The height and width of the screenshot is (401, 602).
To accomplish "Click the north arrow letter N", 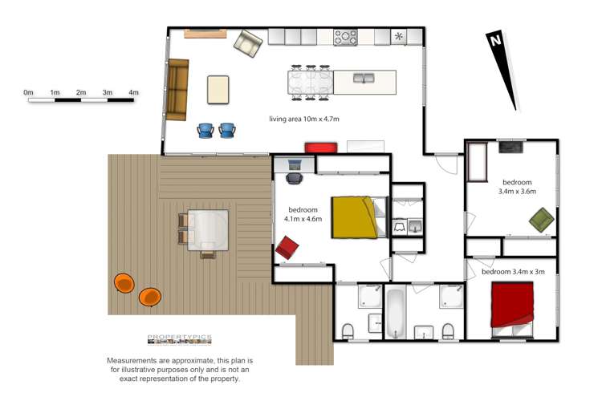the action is pyautogui.click(x=496, y=40).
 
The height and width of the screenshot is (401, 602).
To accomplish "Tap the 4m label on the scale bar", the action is pyautogui.click(x=133, y=92).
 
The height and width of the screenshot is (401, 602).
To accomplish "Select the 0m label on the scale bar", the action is pyautogui.click(x=28, y=92).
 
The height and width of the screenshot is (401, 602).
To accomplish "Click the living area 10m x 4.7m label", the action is pyautogui.click(x=304, y=119).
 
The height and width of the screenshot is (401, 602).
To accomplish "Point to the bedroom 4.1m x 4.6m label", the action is pyautogui.click(x=303, y=214).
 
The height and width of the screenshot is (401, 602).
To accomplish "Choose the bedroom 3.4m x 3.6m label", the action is pyautogui.click(x=517, y=187).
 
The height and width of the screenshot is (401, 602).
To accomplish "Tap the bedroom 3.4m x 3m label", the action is pyautogui.click(x=513, y=272).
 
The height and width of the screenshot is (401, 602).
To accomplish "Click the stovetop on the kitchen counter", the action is pyautogui.click(x=345, y=38).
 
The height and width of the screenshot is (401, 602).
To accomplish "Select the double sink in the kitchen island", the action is pyautogui.click(x=364, y=79).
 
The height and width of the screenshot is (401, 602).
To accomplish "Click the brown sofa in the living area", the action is pyautogui.click(x=177, y=89).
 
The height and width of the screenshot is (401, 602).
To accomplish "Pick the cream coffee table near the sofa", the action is pyautogui.click(x=218, y=90).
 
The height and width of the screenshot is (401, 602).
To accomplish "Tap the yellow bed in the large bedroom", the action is pyautogui.click(x=354, y=217).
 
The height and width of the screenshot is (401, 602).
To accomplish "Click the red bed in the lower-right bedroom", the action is pyautogui.click(x=512, y=306).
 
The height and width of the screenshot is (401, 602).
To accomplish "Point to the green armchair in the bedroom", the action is pyautogui.click(x=541, y=220).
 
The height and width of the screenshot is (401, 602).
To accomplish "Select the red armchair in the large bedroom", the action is pyautogui.click(x=287, y=248).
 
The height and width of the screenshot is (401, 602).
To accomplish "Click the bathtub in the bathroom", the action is pyautogui.click(x=396, y=313).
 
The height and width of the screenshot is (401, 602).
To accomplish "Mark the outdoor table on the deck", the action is pyautogui.click(x=208, y=230).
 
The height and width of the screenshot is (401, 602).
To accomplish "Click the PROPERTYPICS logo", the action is pyautogui.click(x=180, y=339).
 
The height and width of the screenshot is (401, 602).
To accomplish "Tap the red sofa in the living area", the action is pyautogui.click(x=321, y=148).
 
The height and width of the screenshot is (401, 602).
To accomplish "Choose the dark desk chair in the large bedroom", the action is pyautogui.click(x=295, y=178).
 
